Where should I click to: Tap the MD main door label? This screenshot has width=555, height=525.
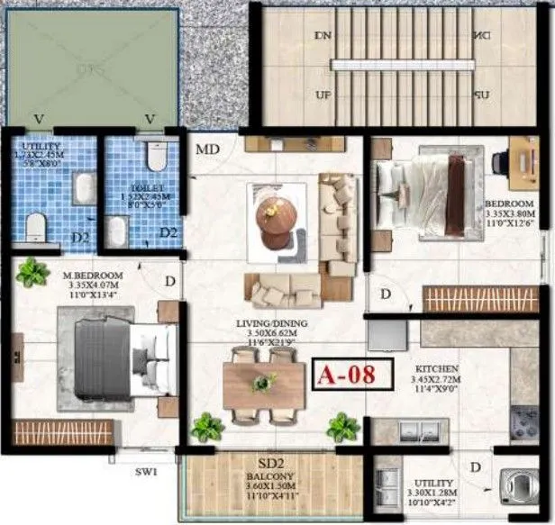[x=208, y=149]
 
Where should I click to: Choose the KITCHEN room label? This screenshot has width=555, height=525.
[x=438, y=370]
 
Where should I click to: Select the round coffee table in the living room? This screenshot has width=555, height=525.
[x=275, y=217]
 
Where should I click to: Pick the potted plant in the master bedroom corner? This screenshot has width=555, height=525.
[x=32, y=272]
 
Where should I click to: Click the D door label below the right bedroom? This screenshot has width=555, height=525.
[x=385, y=294]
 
